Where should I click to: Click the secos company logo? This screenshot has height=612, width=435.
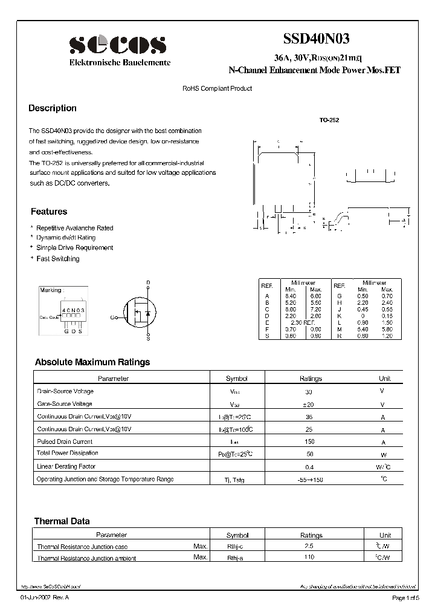click(x=117, y=45)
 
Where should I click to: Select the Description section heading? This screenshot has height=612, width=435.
click(x=53, y=108)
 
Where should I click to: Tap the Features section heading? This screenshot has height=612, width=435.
click(x=49, y=212)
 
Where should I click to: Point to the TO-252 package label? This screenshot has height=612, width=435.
click(x=329, y=120)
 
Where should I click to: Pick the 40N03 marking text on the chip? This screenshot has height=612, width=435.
click(x=73, y=310)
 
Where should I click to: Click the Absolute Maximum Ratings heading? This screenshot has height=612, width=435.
click(x=92, y=362)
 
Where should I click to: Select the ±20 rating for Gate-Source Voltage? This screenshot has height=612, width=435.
click(x=311, y=404)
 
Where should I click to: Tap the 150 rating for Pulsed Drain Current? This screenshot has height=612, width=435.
click(x=311, y=442)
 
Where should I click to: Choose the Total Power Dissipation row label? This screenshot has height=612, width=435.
click(x=68, y=453)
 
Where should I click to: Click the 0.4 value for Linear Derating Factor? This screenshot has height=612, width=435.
click(x=311, y=467)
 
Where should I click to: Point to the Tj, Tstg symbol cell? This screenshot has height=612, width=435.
click(x=237, y=480)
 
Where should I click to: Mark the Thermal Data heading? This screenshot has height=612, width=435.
click(x=62, y=521)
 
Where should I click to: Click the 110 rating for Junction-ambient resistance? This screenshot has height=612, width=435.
click(x=311, y=557)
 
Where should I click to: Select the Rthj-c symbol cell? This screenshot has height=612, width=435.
click(x=237, y=547)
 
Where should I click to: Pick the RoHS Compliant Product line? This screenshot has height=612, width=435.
click(x=217, y=88)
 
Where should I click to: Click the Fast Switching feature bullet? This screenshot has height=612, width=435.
click(x=58, y=259)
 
